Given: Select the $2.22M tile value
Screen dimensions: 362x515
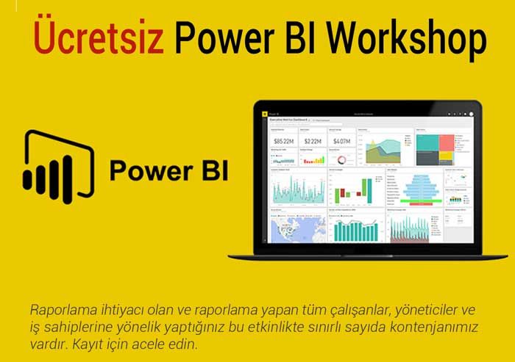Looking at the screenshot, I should (312, 140).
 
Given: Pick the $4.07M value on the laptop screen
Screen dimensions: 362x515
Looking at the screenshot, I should (341, 140).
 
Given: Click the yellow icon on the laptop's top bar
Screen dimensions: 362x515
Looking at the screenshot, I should (263, 114).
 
